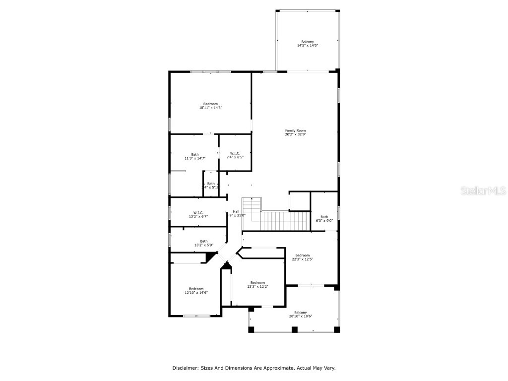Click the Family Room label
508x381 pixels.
295,130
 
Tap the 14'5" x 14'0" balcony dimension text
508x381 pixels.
308,46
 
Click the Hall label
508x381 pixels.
236,211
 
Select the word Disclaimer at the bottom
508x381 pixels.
185,368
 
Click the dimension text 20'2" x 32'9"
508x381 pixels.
295,134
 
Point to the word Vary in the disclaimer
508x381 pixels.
329,368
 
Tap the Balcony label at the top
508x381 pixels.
308,42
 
